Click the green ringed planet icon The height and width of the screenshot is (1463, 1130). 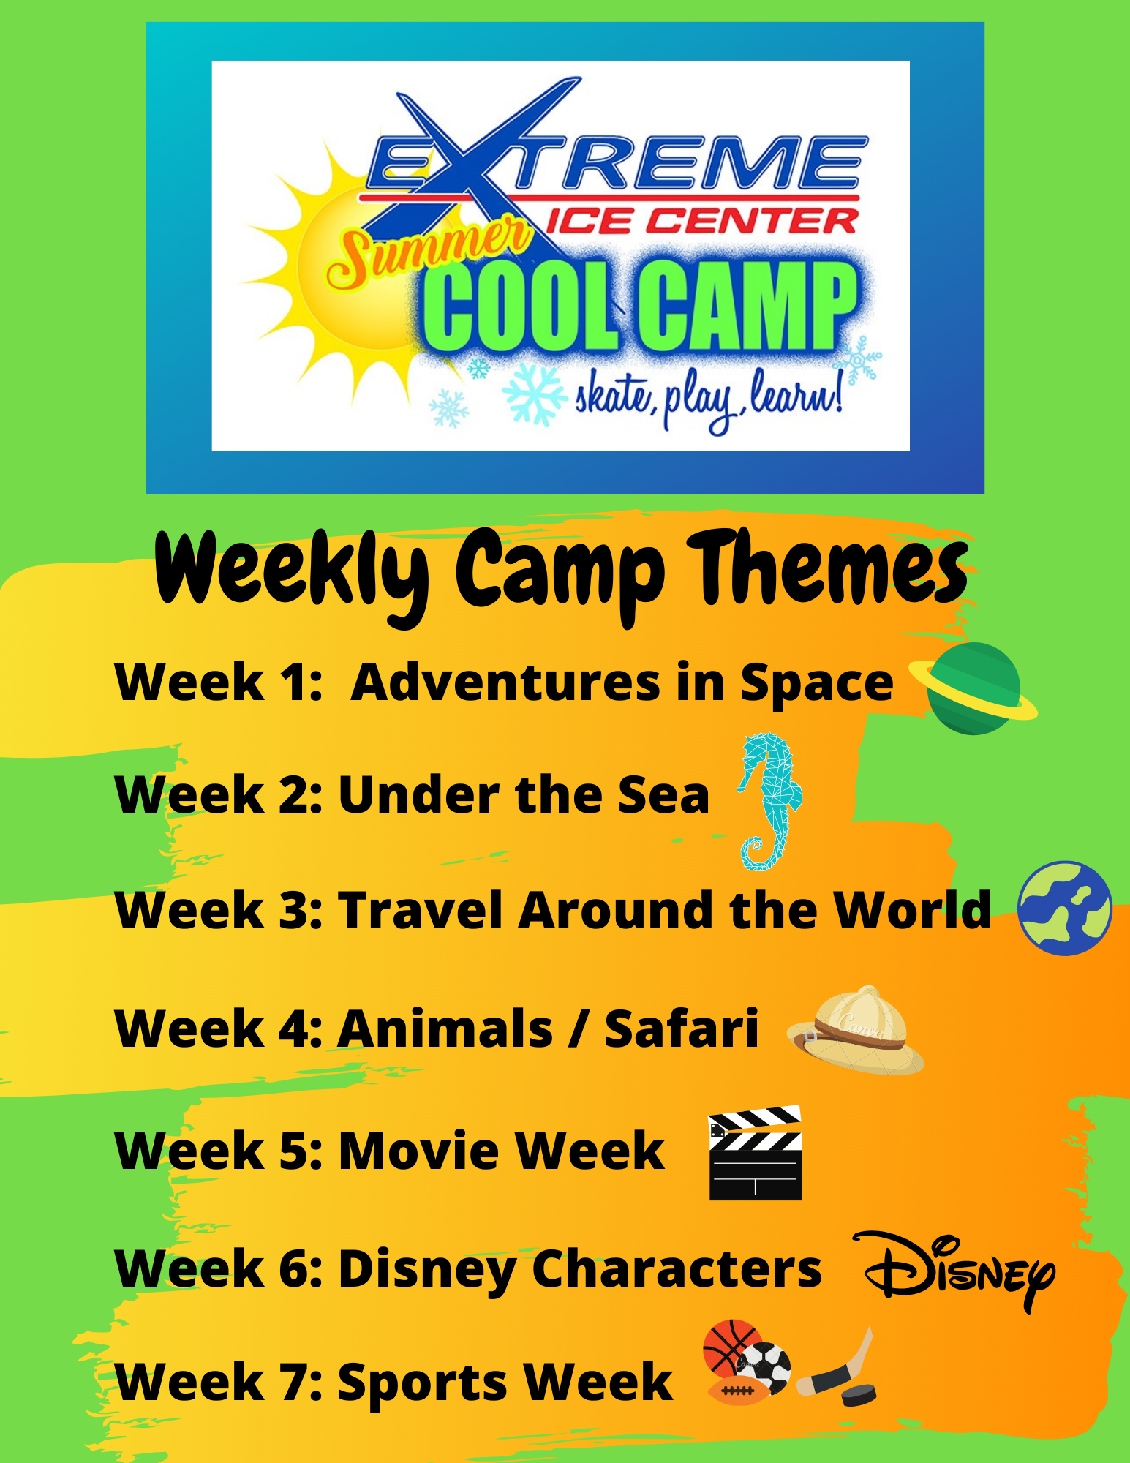tap(973, 688)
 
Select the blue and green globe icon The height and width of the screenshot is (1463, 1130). tap(1065, 908)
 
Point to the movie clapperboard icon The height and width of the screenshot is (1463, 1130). tap(756, 1154)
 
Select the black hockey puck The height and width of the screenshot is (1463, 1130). tap(858, 1394)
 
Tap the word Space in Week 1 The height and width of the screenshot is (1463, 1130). tap(817, 685)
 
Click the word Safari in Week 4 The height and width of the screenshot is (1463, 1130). tap(681, 1028)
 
